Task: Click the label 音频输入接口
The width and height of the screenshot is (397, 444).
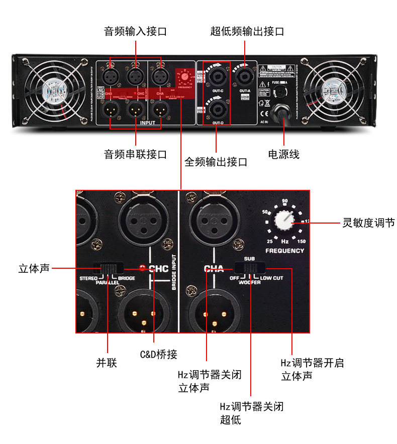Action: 135,32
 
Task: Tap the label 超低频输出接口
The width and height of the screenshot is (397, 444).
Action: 247,32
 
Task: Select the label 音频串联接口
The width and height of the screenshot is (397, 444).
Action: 135,154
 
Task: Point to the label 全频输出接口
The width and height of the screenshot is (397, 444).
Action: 216,162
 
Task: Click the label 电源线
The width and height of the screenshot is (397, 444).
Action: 284,154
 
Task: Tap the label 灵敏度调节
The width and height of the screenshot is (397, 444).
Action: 368,223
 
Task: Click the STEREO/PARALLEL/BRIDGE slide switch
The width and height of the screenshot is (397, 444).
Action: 110,268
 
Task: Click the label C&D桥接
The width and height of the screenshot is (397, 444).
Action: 158,355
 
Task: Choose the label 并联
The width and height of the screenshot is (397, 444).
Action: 107,363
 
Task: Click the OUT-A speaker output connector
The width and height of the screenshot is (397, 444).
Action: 245,77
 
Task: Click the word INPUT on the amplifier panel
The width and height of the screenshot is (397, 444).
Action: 148,122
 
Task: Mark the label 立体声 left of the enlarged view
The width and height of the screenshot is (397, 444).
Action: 34,269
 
